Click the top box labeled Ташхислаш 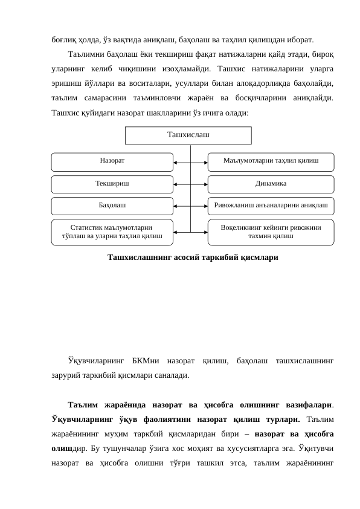188,135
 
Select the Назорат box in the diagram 112,161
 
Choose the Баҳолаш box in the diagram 112,206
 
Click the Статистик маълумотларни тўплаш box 112,232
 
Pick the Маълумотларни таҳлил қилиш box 270,161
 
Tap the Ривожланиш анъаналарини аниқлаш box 270,206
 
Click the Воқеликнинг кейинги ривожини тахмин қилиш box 270,232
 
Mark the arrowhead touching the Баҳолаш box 175,206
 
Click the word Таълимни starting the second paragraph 85,55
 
